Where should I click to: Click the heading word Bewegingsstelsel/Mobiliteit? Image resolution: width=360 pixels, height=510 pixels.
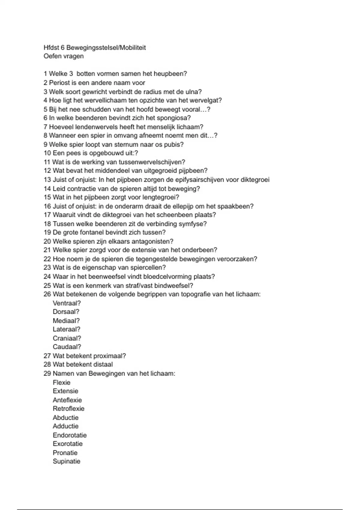click(x=106, y=48)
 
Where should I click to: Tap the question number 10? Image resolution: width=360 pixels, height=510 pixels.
click(x=47, y=153)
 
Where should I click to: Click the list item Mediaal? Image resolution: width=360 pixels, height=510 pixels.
click(x=66, y=321)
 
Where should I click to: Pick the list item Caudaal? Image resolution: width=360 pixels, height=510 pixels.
click(x=67, y=347)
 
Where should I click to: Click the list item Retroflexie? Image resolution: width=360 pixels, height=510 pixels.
click(x=68, y=409)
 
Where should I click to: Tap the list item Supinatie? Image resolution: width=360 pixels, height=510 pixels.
click(x=67, y=461)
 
